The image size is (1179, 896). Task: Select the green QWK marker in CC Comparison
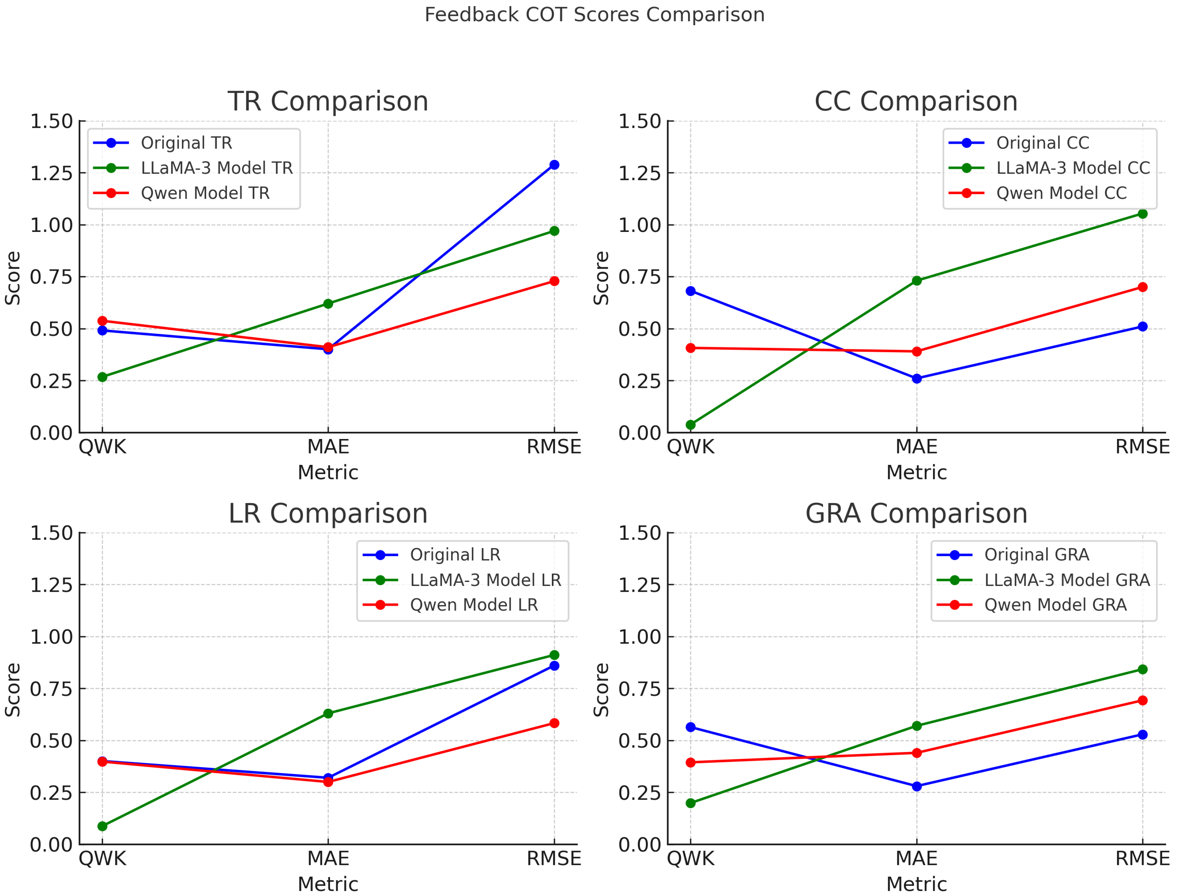[690, 425]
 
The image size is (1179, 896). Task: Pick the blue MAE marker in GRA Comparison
[916, 786]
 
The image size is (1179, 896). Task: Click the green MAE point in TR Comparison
[328, 304]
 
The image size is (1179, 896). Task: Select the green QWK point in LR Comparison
[102, 826]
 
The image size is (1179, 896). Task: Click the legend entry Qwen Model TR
[205, 193]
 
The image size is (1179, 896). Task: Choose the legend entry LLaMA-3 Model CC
[1072, 168]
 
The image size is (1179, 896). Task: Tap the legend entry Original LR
[455, 555]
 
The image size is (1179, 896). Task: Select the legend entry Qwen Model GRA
[1055, 605]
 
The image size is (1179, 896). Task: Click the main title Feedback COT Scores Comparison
[594, 14]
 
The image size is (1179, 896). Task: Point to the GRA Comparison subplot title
[916, 514]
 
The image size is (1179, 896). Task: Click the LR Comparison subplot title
[328, 514]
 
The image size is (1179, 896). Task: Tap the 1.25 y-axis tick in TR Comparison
[51, 173]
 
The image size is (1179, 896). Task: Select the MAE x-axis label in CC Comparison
[916, 447]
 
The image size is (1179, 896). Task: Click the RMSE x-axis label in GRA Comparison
[1142, 859]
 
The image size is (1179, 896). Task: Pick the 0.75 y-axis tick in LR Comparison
[51, 689]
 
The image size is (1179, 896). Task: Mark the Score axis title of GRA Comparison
[601, 690]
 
